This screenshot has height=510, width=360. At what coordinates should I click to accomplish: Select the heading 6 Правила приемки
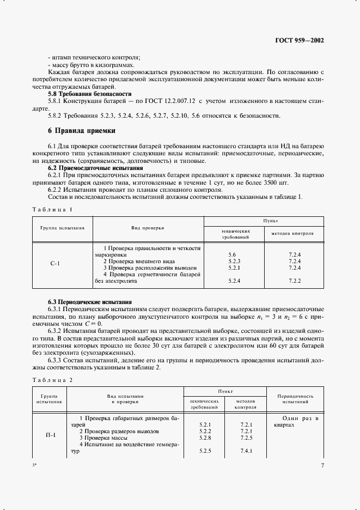pyautogui.click(x=81, y=131)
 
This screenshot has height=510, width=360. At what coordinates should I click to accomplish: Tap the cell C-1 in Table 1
pyautogui.click(x=55, y=264)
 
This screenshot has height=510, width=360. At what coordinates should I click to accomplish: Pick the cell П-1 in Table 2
pyautogui.click(x=49, y=435)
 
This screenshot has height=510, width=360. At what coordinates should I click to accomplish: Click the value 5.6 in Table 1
pyautogui.click(x=231, y=254)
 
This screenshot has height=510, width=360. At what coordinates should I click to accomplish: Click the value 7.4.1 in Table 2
pyautogui.click(x=246, y=451)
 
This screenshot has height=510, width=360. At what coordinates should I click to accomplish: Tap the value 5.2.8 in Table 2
pyautogui.click(x=205, y=438)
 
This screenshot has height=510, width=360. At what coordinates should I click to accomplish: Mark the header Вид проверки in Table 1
pyautogui.click(x=148, y=228)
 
